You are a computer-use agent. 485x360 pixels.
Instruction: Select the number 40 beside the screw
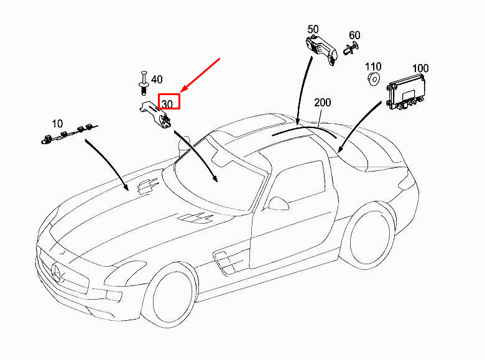pyautogui.click(x=157, y=79)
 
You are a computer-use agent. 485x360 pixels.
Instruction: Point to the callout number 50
pyautogui.click(x=313, y=29)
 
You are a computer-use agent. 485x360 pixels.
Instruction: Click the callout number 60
pyautogui.click(x=354, y=35)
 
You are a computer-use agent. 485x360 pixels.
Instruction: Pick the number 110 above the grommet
pyautogui.click(x=373, y=66)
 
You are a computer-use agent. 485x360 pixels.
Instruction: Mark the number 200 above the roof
pyautogui.click(x=323, y=102)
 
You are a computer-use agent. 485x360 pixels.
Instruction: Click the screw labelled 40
pyautogui.click(x=144, y=81)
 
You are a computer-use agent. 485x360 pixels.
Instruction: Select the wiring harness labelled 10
pyautogui.click(x=68, y=134)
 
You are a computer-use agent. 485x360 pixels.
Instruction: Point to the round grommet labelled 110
pyautogui.click(x=374, y=79)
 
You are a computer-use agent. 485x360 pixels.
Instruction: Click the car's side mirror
pyautogui.click(x=279, y=203)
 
